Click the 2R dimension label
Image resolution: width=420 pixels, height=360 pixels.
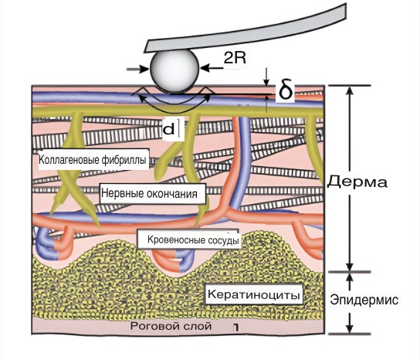(x=235, y=58)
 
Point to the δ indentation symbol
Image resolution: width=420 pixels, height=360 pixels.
(x=286, y=91)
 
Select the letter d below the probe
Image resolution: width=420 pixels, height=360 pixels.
(x=169, y=130)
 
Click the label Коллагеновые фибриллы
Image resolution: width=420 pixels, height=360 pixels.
(x=93, y=160)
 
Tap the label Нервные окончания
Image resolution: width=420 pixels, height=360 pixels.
(x=150, y=193)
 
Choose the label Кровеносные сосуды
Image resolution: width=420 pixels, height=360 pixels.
(x=193, y=239)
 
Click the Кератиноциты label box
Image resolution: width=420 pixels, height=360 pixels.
(x=254, y=294)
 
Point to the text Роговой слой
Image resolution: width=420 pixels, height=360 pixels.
(x=171, y=326)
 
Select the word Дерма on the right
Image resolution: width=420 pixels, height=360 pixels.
(x=357, y=182)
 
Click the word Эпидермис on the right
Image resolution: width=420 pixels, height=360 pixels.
(x=364, y=300)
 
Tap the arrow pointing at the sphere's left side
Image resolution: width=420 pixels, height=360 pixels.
(x=137, y=70)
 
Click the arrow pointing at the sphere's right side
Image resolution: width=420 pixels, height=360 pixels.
(x=212, y=68)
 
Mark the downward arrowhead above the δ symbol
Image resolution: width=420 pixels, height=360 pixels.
(x=266, y=82)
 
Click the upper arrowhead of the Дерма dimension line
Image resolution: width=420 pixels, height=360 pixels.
(x=349, y=90)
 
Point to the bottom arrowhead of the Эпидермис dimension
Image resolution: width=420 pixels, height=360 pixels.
(x=349, y=329)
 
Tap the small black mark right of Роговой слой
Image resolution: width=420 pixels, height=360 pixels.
(x=235, y=328)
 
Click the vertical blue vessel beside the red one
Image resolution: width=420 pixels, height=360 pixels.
(x=242, y=161)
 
